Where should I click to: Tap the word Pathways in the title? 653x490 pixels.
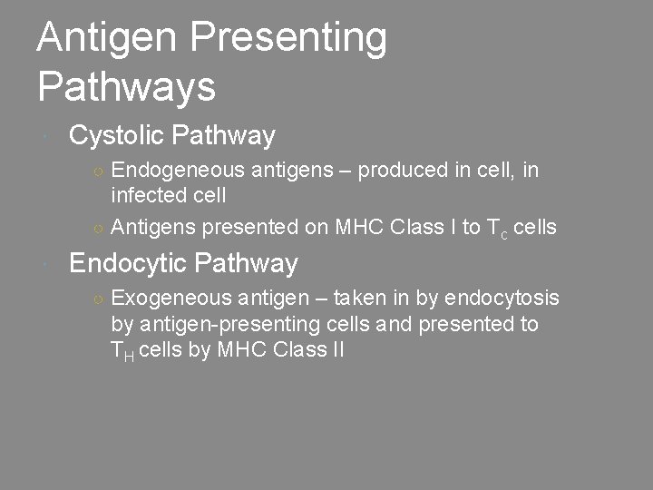(x=126, y=87)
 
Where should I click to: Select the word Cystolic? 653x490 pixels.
(x=115, y=136)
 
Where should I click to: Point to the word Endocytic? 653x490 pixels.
(x=128, y=263)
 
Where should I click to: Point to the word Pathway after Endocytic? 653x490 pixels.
(x=246, y=263)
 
